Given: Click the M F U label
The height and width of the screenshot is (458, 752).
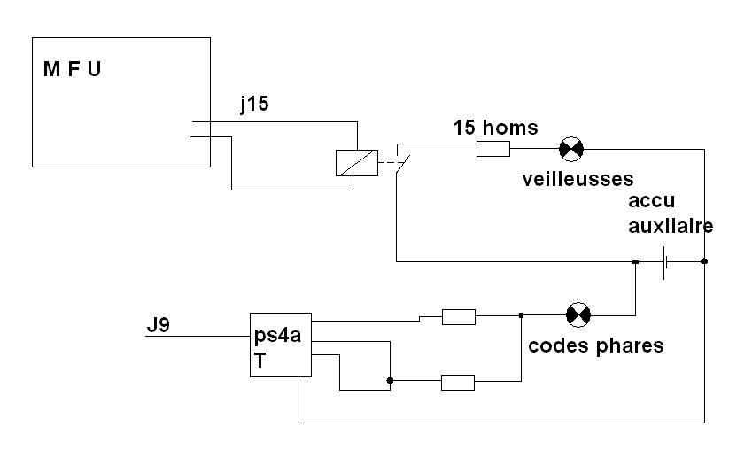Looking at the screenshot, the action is pos(72,69).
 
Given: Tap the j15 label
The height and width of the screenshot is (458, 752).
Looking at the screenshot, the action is pos(255,104).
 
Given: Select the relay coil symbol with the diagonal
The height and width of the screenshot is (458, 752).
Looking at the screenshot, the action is pos(357,163).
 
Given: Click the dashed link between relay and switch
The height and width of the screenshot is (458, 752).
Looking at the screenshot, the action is pos(389,163).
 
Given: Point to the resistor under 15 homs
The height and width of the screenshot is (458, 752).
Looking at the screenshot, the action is pos(493,149).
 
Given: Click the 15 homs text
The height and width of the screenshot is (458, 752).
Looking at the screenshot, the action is pos(495,128).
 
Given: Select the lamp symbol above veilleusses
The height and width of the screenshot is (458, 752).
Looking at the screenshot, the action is pos(571,149).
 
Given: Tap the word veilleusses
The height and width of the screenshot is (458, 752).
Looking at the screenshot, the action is pos(578,179).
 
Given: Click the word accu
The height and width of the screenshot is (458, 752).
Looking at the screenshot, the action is pos(652,201).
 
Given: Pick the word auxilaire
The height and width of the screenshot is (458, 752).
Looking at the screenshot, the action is pos(671,225).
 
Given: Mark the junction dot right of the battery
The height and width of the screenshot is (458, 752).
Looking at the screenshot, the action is pos(704,261).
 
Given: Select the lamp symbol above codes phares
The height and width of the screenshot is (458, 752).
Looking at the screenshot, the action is pos(578,315).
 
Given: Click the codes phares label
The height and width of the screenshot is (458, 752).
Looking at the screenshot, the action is pos(595,345).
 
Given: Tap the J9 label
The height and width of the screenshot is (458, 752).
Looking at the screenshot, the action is pos(159,325).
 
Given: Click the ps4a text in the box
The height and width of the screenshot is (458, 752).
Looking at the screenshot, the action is pos(278,335).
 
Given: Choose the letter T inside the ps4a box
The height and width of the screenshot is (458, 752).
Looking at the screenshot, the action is pos(260,361).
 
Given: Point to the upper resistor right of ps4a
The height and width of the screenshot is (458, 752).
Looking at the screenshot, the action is pos(459,317).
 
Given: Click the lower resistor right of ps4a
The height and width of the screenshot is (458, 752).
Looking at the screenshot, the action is pos(458,382).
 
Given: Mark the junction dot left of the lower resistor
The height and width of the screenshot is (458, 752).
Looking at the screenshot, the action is pos(390,380).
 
